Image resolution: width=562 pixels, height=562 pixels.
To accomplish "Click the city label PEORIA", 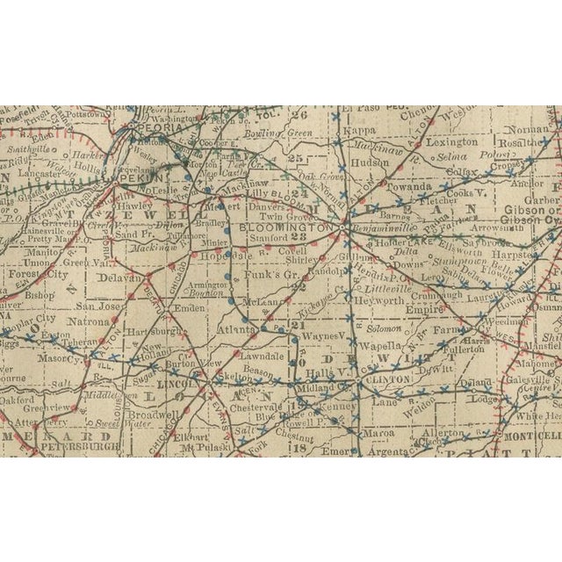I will click(158, 126).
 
